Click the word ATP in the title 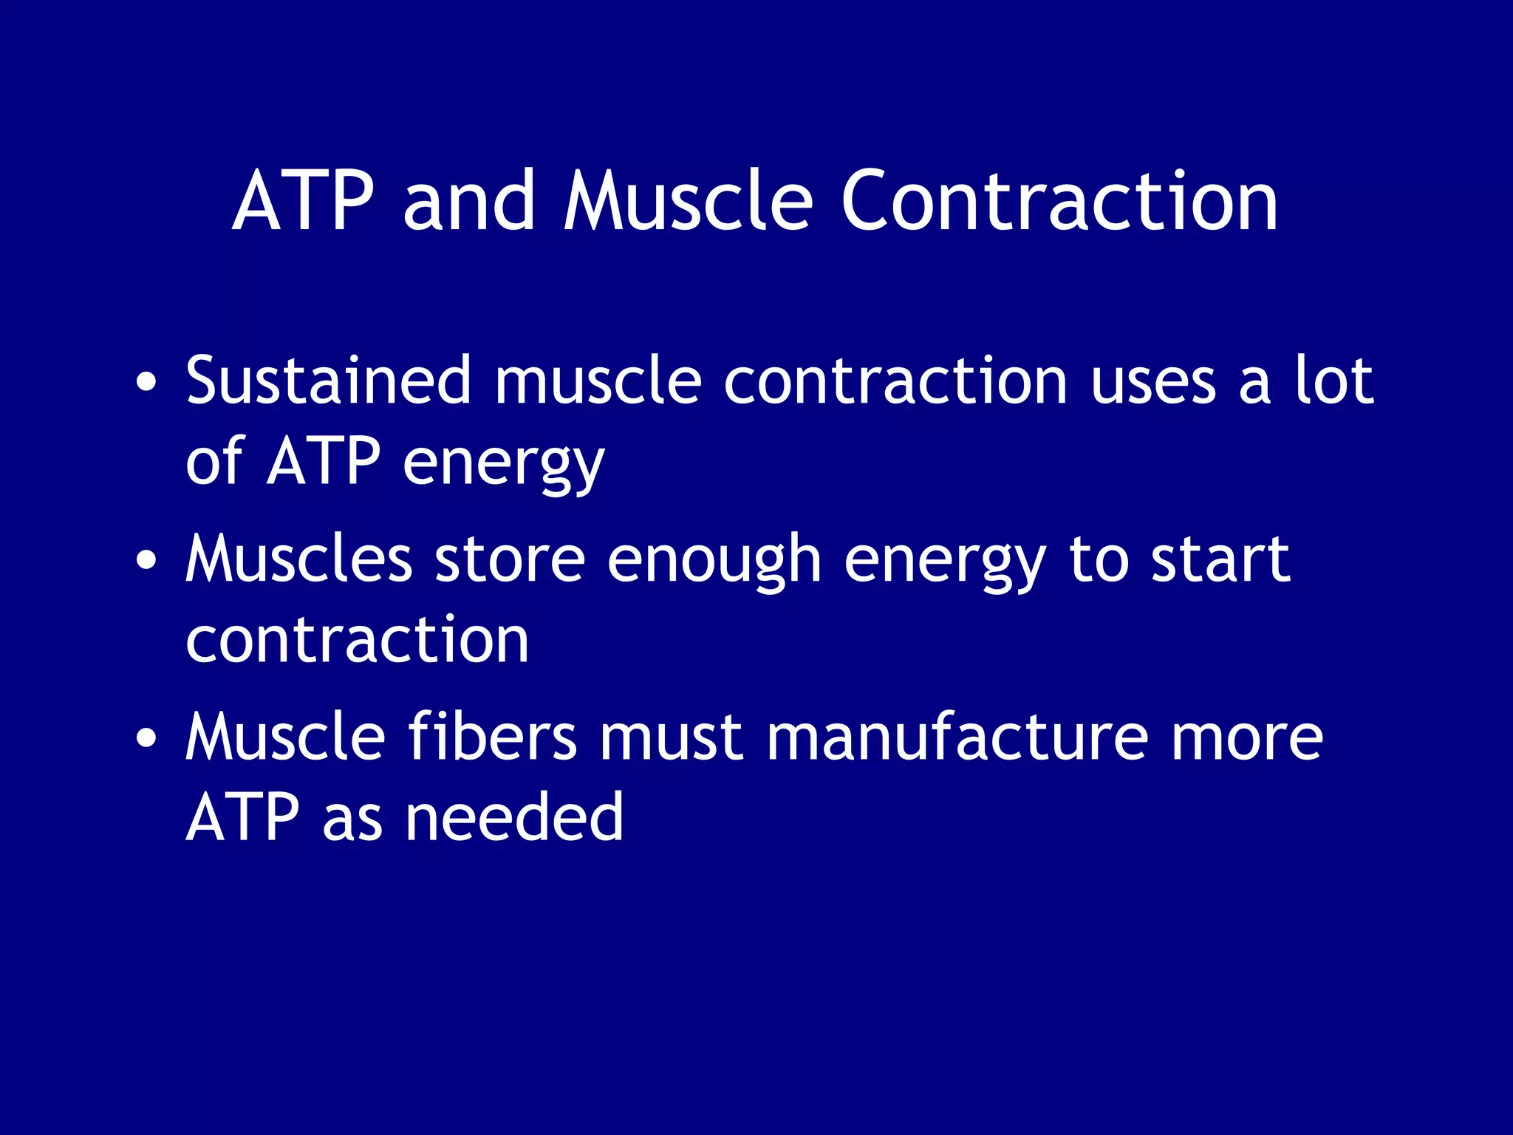click(x=303, y=201)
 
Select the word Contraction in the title click(x=1059, y=201)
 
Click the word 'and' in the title click(x=468, y=201)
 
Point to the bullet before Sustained click(x=146, y=382)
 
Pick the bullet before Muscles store click(x=146, y=560)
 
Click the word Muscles click(x=298, y=559)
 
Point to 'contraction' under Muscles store click(x=358, y=640)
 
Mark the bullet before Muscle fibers click(x=146, y=737)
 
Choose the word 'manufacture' click(x=957, y=737)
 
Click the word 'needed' click(x=514, y=817)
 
